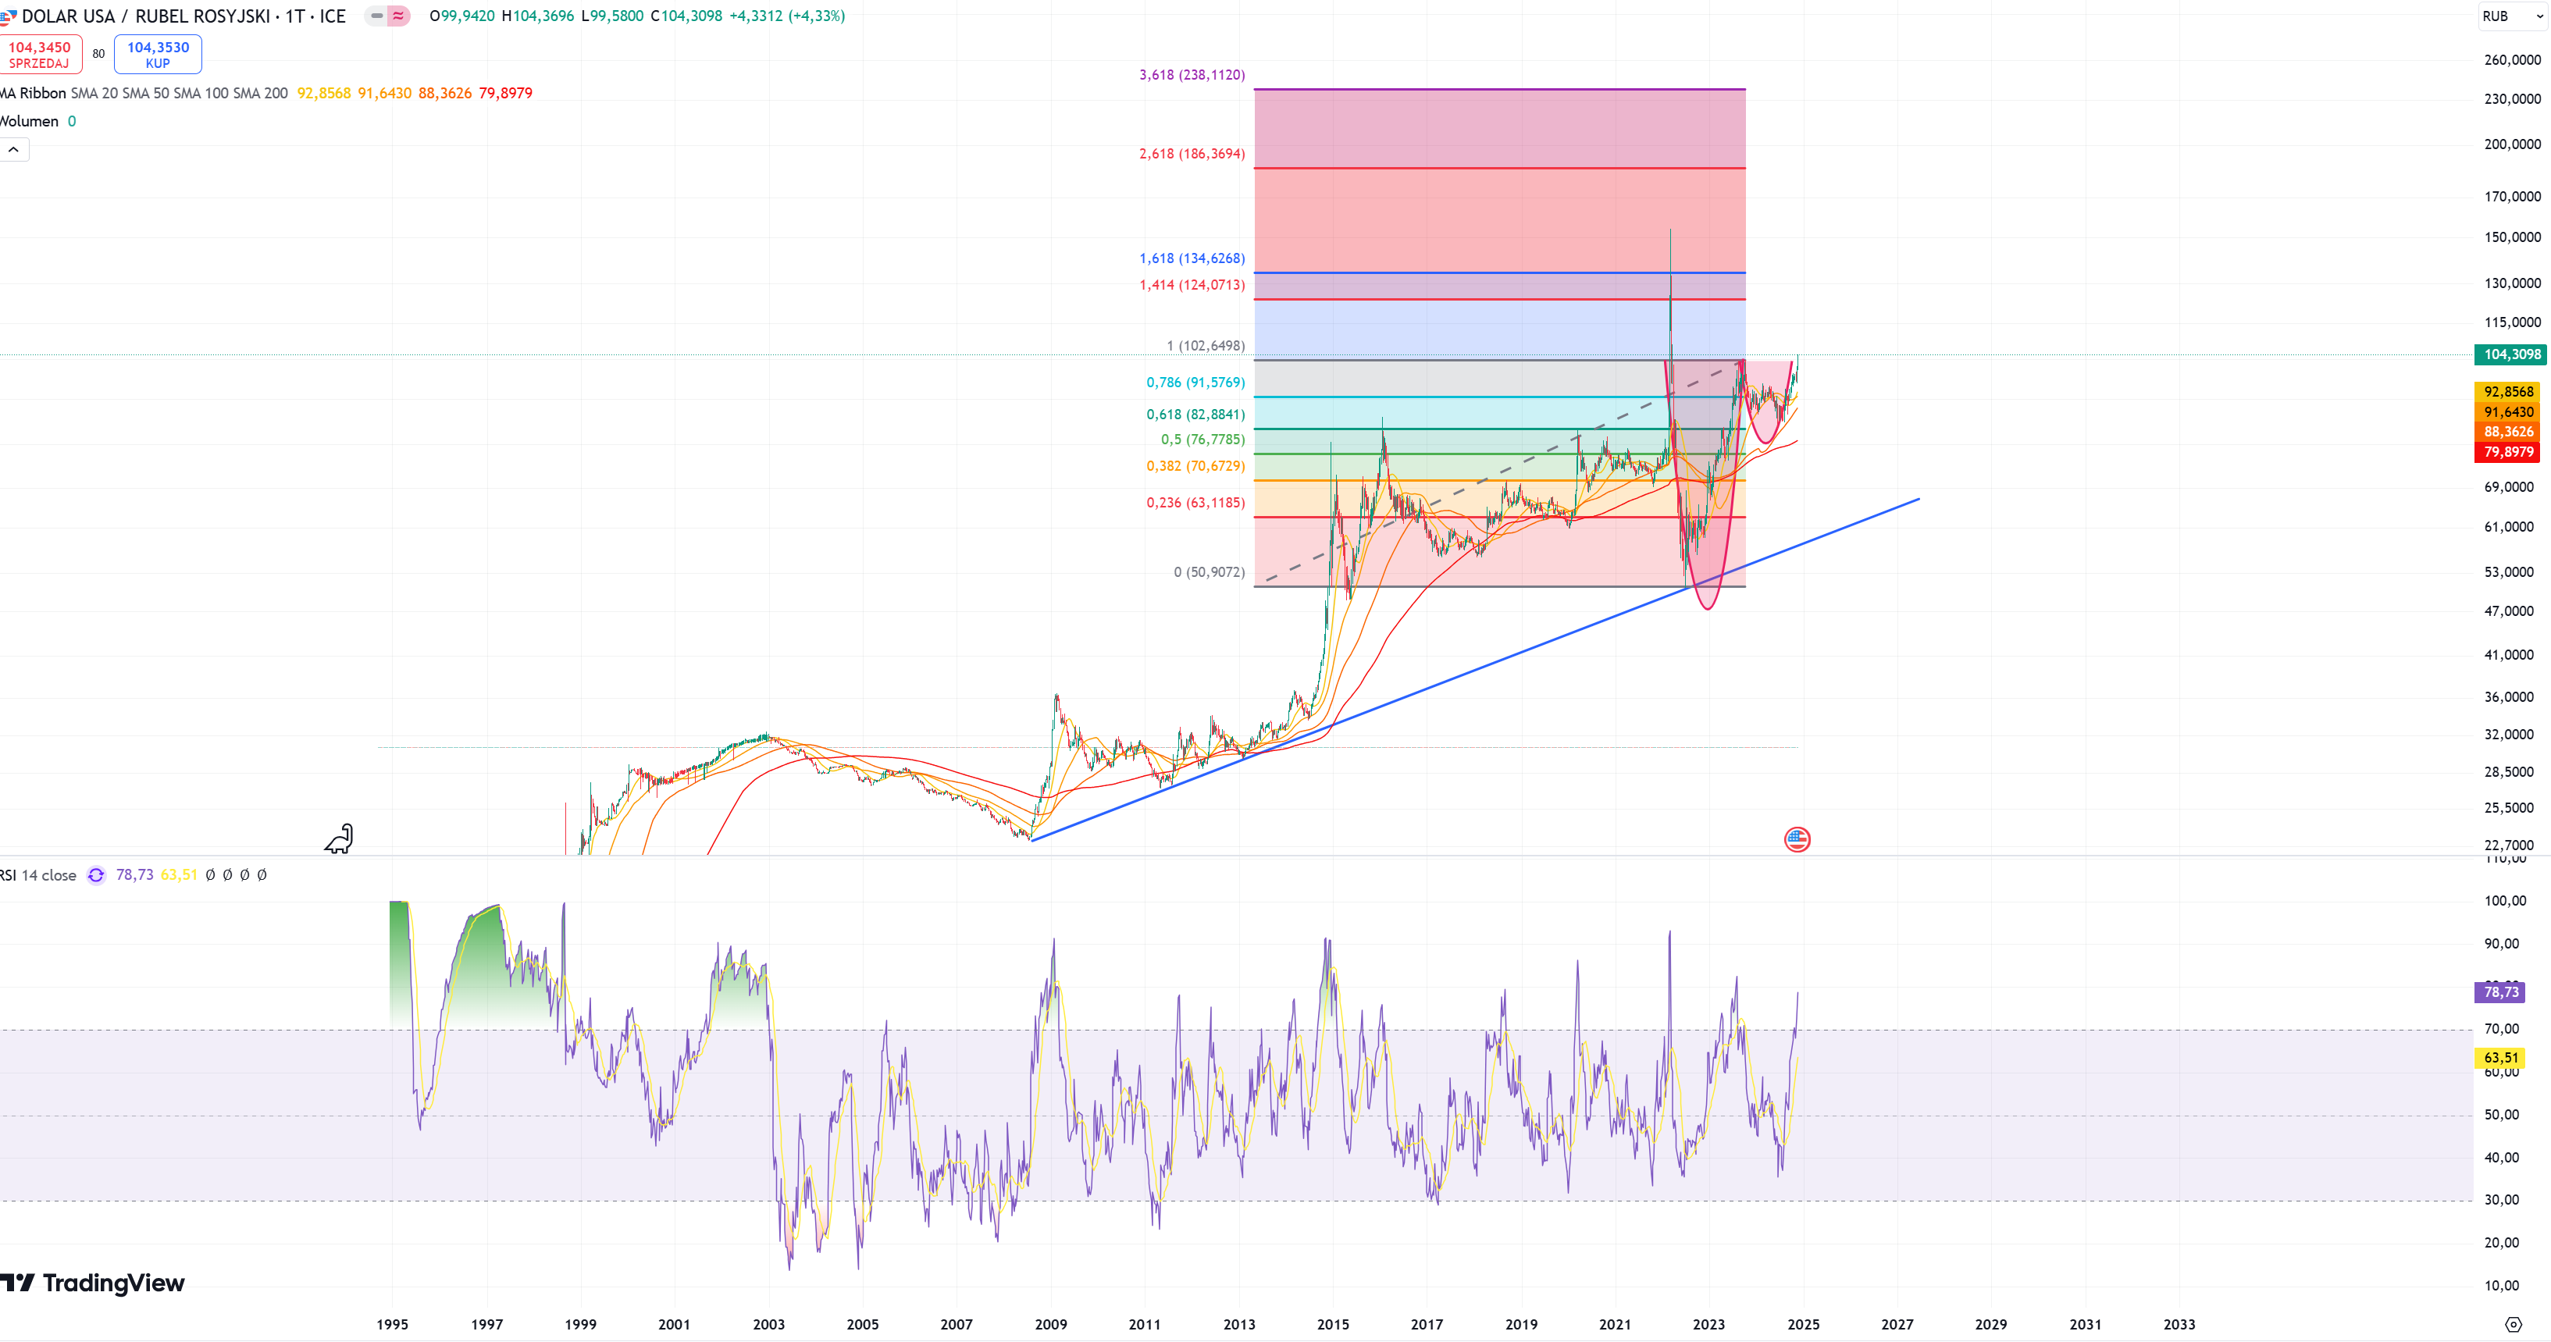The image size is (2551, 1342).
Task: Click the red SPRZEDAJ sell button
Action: [40, 55]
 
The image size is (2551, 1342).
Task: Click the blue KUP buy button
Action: [158, 55]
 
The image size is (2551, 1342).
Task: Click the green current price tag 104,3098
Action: [2510, 354]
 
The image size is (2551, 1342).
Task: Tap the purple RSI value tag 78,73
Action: [2500, 992]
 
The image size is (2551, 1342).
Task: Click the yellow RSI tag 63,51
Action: [2500, 1058]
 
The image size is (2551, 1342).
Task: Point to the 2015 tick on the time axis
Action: [1333, 1324]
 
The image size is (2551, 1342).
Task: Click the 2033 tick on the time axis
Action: [2179, 1324]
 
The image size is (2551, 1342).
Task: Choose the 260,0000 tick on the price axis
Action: [2511, 59]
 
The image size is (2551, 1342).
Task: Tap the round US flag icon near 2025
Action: [1797, 840]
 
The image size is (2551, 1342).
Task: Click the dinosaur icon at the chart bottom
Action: [340, 839]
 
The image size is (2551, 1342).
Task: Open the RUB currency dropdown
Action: [2511, 16]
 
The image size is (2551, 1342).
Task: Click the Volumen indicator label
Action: [30, 121]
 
